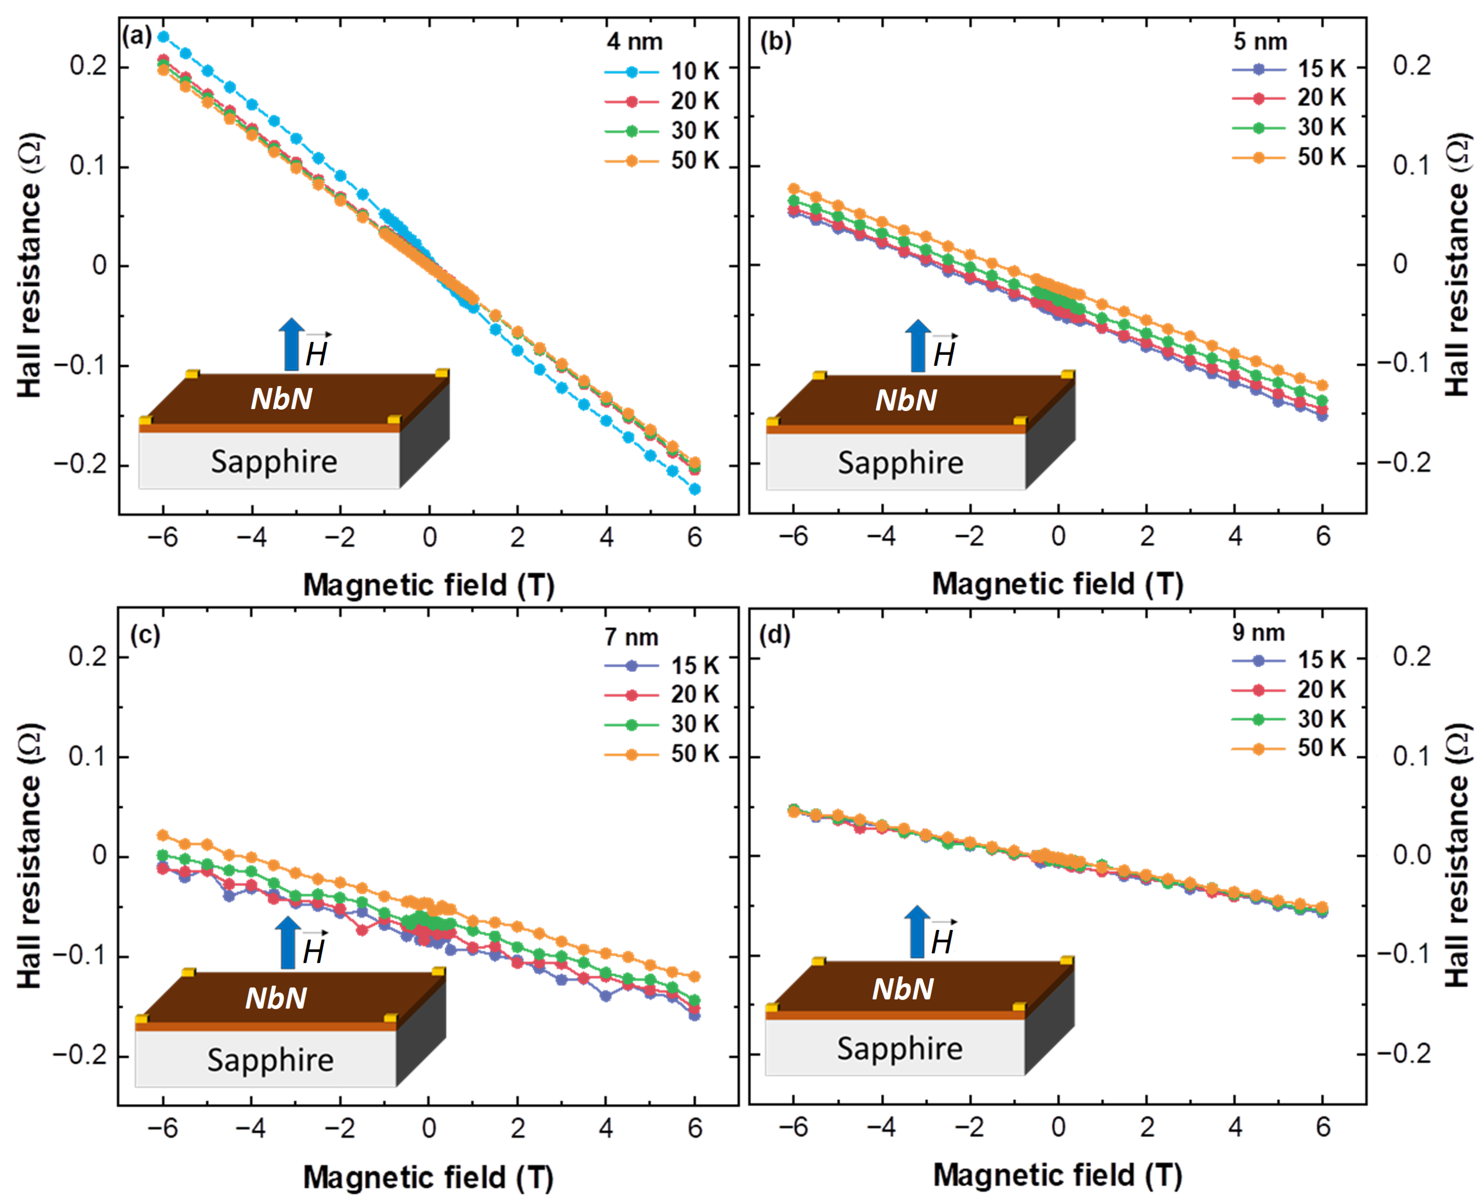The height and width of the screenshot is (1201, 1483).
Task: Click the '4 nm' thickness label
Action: [x=634, y=41]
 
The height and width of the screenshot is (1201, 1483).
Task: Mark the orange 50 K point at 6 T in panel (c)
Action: [x=695, y=976]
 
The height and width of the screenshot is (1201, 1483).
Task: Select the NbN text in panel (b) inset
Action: [x=906, y=400]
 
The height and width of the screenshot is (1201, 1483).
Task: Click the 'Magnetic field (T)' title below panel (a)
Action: [x=429, y=585]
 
